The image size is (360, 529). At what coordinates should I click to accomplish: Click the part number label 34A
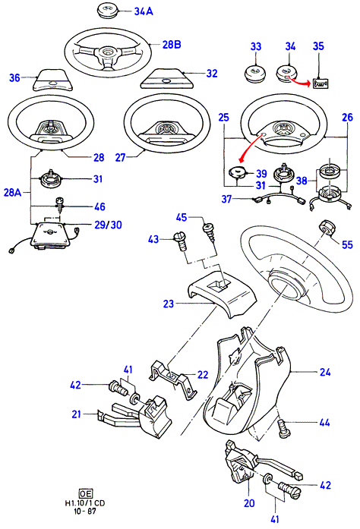coord(144,11)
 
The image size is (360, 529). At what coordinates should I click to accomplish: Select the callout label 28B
coord(172,45)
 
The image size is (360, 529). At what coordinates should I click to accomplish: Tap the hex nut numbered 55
coord(327,228)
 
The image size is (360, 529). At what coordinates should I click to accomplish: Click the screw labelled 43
coord(180,241)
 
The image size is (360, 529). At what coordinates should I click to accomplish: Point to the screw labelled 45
coord(208,232)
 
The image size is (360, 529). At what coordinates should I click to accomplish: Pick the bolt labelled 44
coord(282,428)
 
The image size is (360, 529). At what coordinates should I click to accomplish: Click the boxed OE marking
coord(85,494)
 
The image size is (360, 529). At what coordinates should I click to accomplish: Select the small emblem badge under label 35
coord(321,83)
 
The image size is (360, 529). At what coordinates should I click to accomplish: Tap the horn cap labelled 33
coord(255,74)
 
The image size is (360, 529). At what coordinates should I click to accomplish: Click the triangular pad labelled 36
coord(52,80)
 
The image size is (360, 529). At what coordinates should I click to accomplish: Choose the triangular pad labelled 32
coord(167,79)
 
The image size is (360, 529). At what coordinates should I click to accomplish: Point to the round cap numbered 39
coord(238,174)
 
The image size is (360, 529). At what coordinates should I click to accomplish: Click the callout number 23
coord(169,304)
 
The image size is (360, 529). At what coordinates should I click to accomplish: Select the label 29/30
coord(108,225)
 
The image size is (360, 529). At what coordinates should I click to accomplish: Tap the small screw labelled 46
coord(59,204)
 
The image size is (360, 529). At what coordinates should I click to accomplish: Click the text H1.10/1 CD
coord(85,503)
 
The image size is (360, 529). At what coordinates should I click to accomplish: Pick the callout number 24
coord(325,372)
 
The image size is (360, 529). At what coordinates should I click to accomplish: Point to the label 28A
coord(12,192)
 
